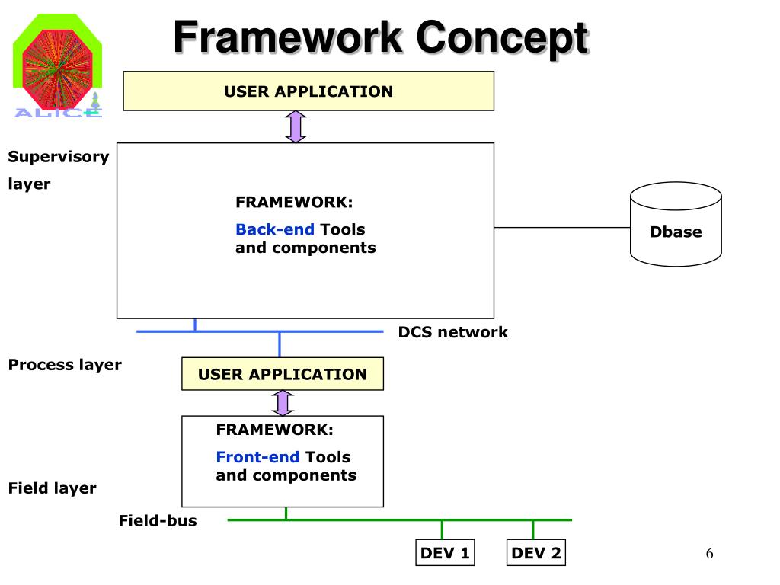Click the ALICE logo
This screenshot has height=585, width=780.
coord(58,66)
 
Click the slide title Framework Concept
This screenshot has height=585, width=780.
coord(381,38)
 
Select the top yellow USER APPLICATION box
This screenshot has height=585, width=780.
coord(308,91)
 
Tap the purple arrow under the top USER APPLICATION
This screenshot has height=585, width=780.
coord(296,127)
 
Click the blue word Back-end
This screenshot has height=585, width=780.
coord(274,229)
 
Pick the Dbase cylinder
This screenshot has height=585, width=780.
coord(676,225)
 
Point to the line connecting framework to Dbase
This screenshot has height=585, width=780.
coord(562,227)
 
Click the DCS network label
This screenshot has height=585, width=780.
coord(452,332)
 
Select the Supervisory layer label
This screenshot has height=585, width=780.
coord(58,170)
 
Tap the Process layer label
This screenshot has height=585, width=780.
coord(65,365)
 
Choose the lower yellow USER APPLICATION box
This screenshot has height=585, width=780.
coord(283,373)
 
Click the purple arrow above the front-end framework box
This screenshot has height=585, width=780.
coord(283,403)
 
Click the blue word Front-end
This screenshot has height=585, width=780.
coord(257,457)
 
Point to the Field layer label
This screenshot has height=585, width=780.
coord(53,488)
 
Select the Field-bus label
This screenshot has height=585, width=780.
coord(158,520)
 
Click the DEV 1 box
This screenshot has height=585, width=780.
coord(445,553)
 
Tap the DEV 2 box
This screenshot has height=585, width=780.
coord(536,553)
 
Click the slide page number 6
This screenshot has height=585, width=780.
coord(709,553)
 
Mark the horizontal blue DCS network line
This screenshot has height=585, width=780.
coord(260,331)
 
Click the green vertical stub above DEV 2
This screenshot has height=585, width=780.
coord(532,530)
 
